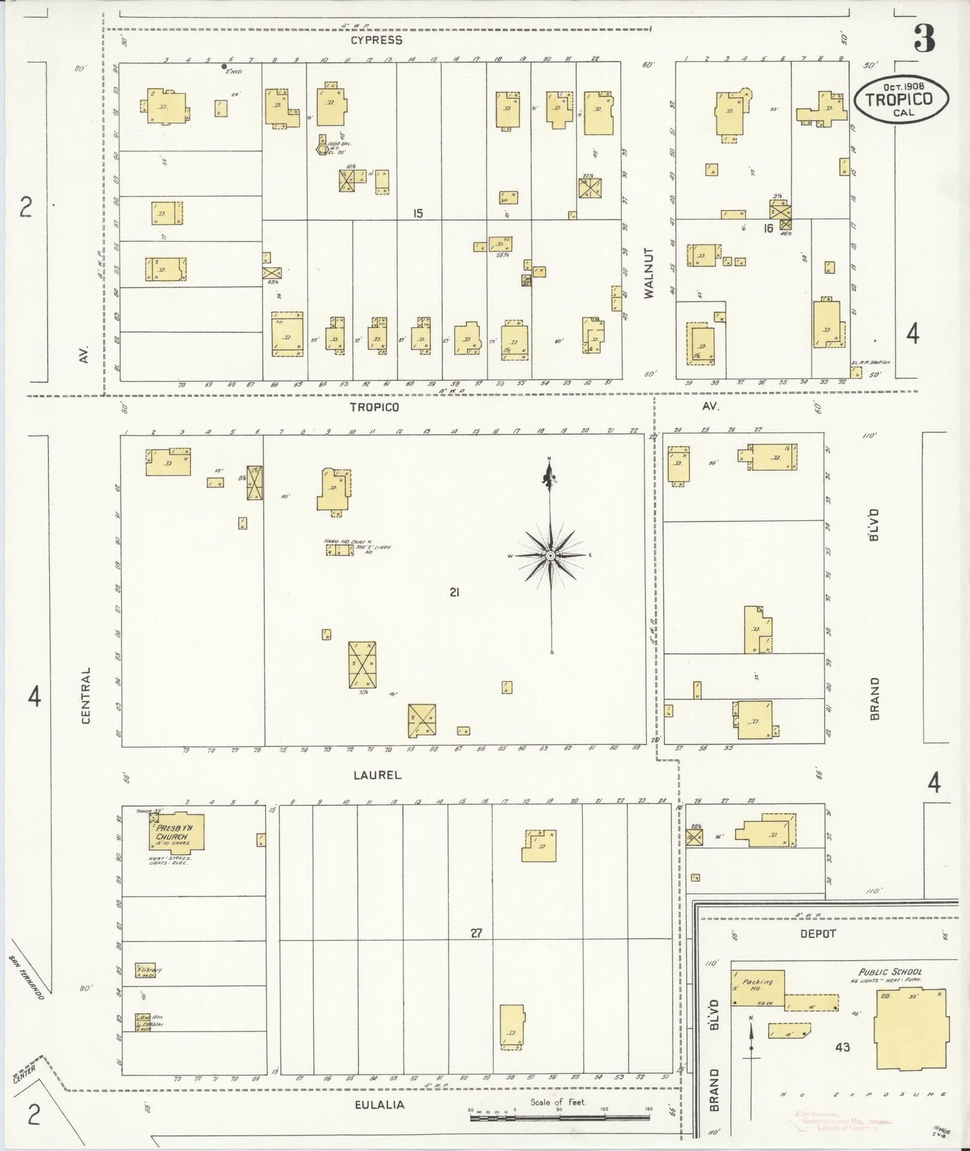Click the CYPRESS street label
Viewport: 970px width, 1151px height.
tap(376, 40)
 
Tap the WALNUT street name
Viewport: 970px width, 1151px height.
tap(648, 273)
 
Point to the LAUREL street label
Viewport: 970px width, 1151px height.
tap(377, 775)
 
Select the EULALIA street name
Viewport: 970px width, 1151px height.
tap(380, 1104)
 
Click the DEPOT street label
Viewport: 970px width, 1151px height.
tap(818, 934)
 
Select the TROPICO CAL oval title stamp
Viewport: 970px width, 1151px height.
tap(902, 99)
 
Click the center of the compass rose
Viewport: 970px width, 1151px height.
tap(550, 555)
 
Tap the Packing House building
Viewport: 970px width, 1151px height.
tap(757, 987)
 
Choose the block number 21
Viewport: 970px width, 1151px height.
tap(454, 592)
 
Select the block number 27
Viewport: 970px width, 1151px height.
tap(476, 933)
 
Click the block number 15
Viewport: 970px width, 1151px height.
tap(418, 214)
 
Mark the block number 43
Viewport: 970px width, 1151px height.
tap(842, 1046)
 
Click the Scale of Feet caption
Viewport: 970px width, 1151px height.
tap(558, 1101)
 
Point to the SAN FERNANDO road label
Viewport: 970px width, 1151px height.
tap(27, 978)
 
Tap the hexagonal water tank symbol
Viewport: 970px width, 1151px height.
tap(322, 148)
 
